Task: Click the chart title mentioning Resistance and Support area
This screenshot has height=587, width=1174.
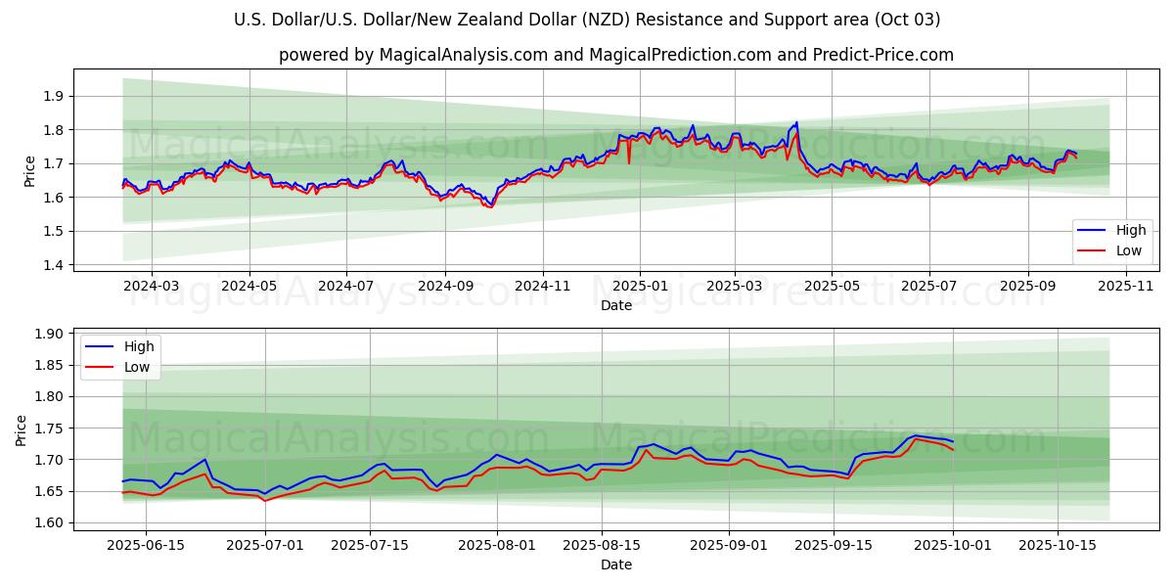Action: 587,20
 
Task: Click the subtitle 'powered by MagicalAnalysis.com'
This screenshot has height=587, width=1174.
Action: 616,55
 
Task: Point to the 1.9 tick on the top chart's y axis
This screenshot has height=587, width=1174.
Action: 53,96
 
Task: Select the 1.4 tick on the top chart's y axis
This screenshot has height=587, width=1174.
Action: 53,265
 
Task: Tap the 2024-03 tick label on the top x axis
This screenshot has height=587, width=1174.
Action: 152,286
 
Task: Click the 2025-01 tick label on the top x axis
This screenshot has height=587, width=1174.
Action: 640,286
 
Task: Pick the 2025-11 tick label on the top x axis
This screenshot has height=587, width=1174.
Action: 1126,286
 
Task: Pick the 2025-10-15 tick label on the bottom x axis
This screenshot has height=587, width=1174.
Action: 1058,544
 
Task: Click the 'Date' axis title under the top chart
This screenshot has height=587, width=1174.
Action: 616,305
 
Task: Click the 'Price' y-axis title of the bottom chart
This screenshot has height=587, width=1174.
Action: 22,429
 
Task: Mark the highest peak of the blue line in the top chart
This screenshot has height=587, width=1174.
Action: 796,122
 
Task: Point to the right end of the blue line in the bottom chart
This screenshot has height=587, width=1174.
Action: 953,441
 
